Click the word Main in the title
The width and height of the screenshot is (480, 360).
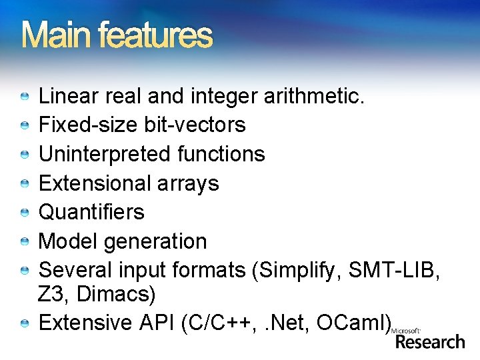54,36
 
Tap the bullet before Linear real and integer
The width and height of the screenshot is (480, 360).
25,97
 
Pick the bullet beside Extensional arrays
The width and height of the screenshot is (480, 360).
25,183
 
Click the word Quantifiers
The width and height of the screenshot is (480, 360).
91,212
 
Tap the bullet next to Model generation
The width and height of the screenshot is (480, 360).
25,242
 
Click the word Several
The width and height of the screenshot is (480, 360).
75,270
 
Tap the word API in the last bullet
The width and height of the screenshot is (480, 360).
157,323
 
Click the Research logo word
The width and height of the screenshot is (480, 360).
430,342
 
